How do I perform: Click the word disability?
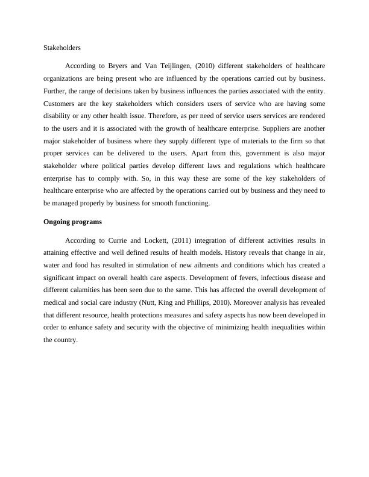click(59, 116)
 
